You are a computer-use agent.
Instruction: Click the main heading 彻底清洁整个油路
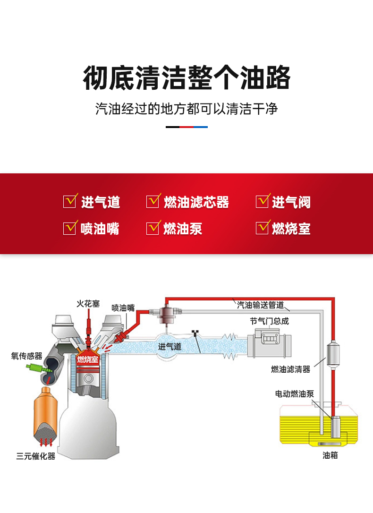pos(186,78)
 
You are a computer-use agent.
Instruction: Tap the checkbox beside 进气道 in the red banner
pos(70,201)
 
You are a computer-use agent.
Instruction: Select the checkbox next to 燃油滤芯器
pos(153,201)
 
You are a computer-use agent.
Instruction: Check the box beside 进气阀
pos(263,201)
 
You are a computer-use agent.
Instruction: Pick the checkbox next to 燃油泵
pos(153,228)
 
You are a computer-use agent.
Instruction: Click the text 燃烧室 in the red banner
pos(291,229)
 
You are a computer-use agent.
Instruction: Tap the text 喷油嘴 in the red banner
pos(100,229)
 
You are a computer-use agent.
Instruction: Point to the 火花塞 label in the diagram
pos(88,304)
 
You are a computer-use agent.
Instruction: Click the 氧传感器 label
pos(27,356)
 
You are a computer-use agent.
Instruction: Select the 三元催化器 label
pos(36,456)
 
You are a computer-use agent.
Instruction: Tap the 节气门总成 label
pos(269,321)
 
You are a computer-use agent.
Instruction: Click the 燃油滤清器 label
pos(291,369)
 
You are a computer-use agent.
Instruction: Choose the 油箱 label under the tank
pos(330,455)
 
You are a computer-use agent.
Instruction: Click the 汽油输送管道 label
pos(260,305)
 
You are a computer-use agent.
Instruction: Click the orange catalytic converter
pos(46,413)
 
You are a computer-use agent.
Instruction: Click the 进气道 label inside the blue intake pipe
pos(170,346)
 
